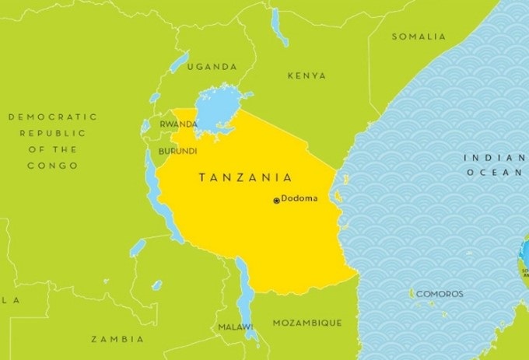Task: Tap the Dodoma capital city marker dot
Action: (276, 201)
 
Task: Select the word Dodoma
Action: (300, 198)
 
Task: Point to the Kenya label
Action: (307, 75)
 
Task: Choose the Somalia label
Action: (419, 37)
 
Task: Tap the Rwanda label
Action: (178, 124)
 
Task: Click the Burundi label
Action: (177, 150)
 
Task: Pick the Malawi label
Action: (234, 327)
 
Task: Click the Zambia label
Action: (117, 339)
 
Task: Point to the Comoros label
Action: (440, 294)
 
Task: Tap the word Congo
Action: (53, 166)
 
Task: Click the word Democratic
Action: (53, 117)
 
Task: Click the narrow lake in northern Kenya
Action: (279, 27)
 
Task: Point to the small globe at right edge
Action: (524, 260)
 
